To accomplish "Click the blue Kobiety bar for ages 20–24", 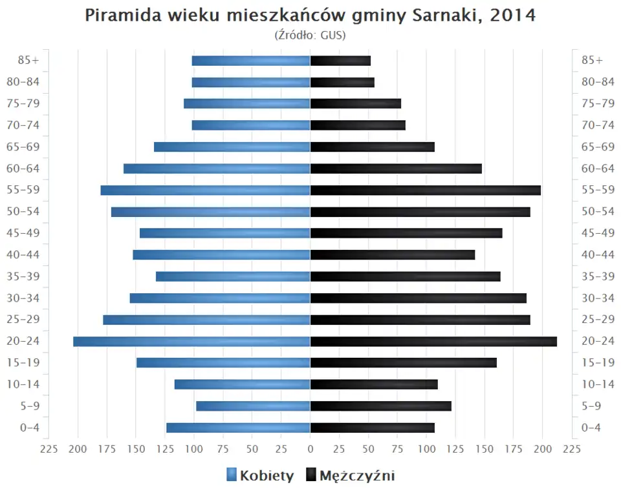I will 191,342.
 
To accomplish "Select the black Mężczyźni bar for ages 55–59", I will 425,190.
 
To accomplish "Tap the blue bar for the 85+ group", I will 251,61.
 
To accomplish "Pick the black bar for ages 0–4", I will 372,428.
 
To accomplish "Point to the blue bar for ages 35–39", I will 233,276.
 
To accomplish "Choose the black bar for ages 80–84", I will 342,83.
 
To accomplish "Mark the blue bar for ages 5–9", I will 253,406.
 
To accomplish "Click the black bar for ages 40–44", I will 392,254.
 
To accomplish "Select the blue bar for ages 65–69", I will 232,147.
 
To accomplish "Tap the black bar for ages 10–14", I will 374,384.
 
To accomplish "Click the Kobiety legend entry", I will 260,476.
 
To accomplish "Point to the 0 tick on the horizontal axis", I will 310,449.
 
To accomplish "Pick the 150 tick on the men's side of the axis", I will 485,449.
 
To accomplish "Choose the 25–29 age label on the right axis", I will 598,320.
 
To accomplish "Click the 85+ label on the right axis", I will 592,61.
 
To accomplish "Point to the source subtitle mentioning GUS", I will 310,35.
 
